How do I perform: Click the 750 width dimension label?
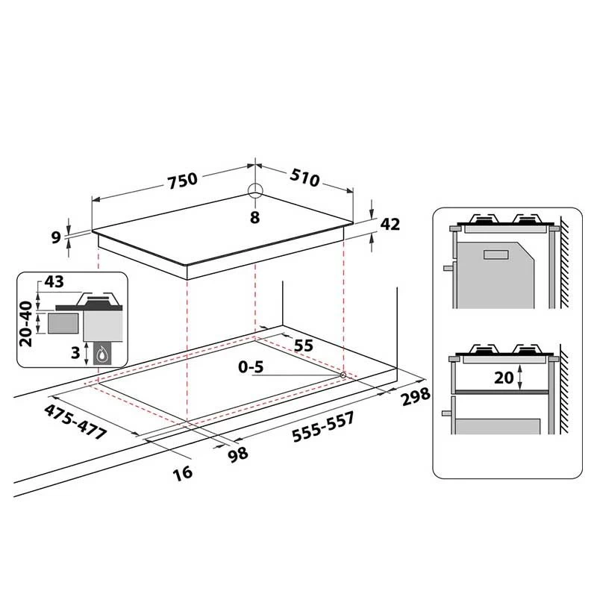[x=183, y=181]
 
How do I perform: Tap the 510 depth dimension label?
[x=304, y=178]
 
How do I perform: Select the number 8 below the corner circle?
[x=254, y=217]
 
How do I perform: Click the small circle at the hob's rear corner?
[x=255, y=191]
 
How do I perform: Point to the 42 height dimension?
[x=390, y=225]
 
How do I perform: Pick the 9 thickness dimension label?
[x=56, y=237]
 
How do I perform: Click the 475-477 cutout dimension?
[x=75, y=422]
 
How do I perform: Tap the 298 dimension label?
[x=416, y=397]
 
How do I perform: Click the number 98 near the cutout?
[x=238, y=454]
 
